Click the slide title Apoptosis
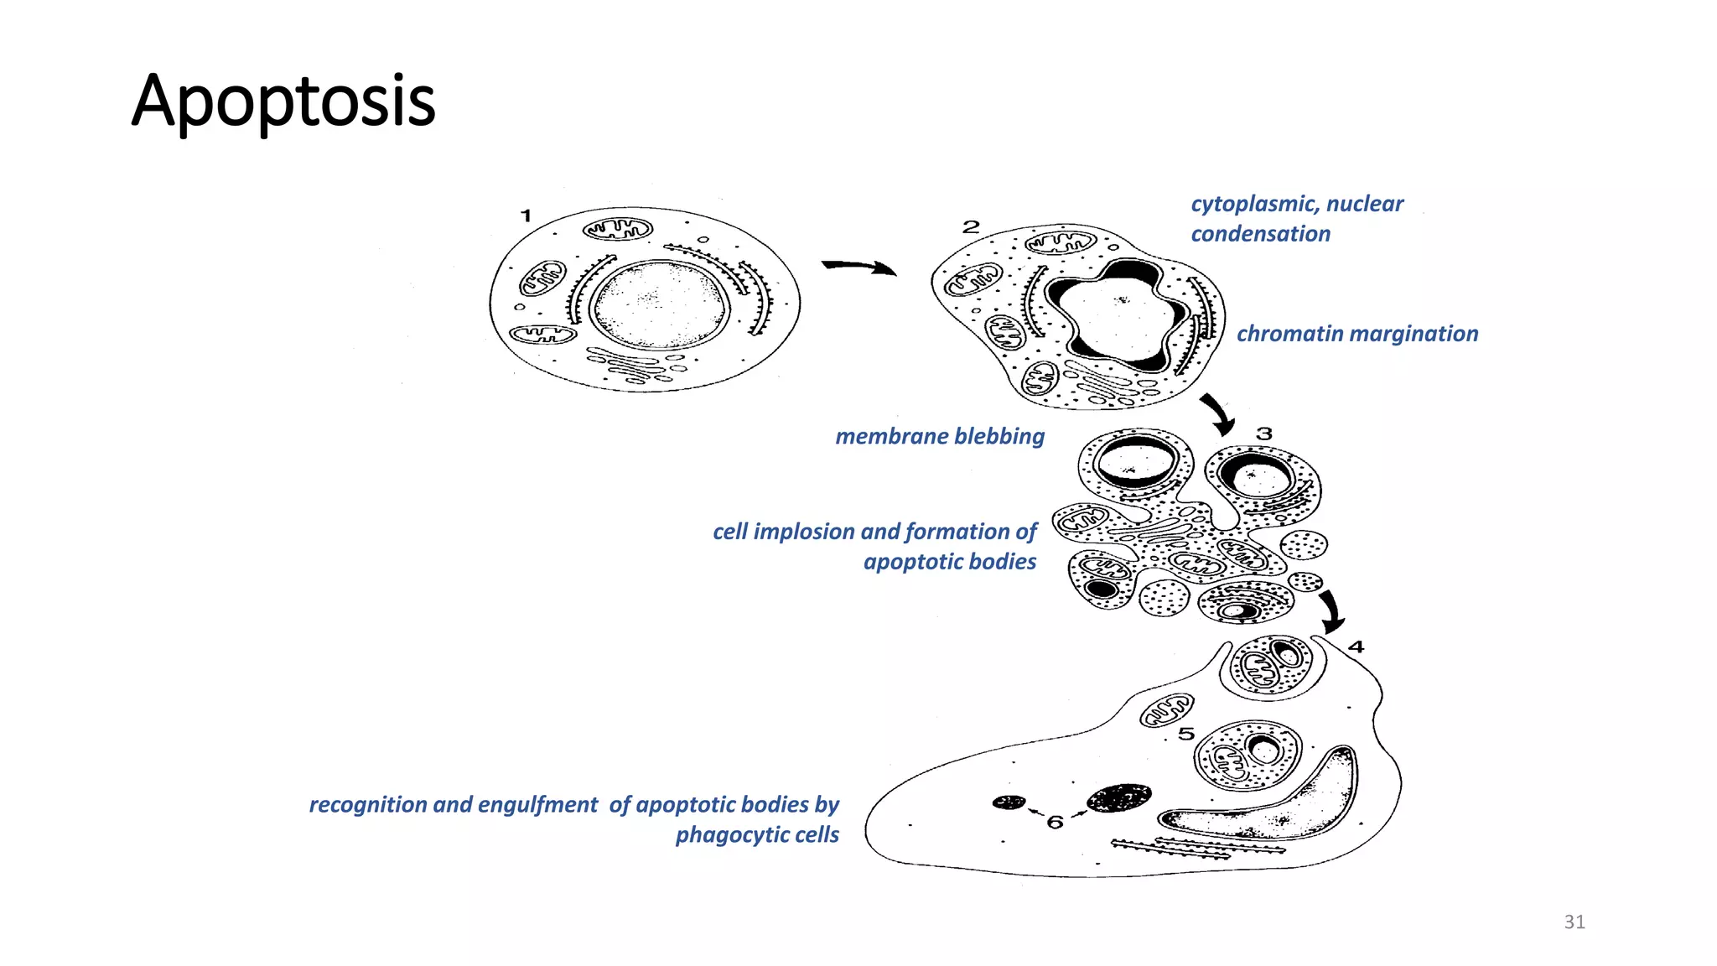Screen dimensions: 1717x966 click(x=283, y=101)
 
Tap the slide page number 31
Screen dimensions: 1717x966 click(x=1574, y=922)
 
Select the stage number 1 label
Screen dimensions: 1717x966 click(x=526, y=216)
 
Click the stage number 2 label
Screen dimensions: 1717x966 click(x=971, y=226)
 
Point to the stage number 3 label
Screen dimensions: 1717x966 click(x=1264, y=434)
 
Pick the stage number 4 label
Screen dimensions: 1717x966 click(x=1356, y=647)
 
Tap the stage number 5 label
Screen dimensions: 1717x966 click(x=1185, y=734)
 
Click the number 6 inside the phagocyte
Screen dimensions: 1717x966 click(x=1055, y=822)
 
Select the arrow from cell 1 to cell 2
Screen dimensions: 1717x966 click(x=859, y=267)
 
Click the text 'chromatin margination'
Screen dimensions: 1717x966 click(x=1357, y=334)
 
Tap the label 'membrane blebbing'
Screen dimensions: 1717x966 click(x=940, y=436)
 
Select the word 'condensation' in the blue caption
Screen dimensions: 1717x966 click(x=1261, y=234)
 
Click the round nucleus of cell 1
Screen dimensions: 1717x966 click(x=659, y=304)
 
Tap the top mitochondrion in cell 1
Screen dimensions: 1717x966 click(x=618, y=229)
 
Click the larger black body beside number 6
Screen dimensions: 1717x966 click(x=1118, y=797)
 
